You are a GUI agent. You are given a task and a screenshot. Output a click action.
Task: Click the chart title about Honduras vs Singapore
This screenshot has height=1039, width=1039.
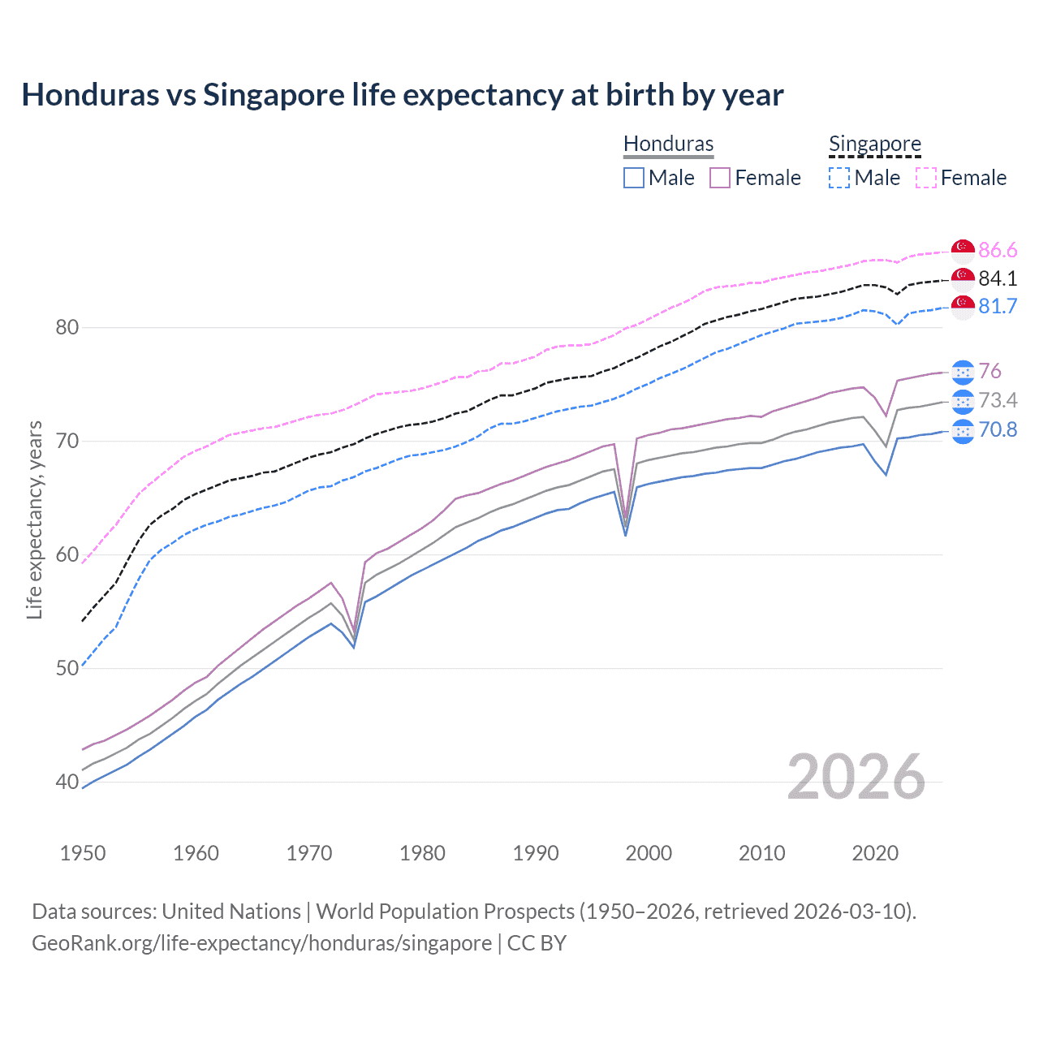click(x=403, y=95)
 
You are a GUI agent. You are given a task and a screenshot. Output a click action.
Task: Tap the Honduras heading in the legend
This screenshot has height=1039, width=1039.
click(x=668, y=144)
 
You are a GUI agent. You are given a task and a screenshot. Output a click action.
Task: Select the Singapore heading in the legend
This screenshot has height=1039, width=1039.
click(x=874, y=144)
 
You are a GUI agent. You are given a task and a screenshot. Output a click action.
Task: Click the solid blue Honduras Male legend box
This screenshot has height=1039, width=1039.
click(x=634, y=178)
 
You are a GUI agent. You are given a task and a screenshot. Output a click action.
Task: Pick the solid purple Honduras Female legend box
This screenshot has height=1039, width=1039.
click(x=720, y=178)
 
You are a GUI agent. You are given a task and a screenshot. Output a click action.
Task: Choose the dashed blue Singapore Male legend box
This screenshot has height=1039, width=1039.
click(x=839, y=178)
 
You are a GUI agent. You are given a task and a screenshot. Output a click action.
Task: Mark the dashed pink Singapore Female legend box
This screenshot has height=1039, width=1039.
click(x=926, y=178)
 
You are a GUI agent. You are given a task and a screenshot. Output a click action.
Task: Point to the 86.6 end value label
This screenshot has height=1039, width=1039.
click(x=998, y=250)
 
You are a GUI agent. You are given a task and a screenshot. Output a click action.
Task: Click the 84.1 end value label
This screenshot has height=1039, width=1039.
click(x=998, y=278)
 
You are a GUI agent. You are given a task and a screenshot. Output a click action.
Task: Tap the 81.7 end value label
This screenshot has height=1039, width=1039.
click(x=998, y=306)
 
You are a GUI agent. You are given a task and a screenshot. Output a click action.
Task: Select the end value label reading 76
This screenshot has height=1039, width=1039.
click(x=990, y=371)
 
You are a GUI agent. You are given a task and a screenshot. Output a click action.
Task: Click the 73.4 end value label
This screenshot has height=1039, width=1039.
click(x=998, y=400)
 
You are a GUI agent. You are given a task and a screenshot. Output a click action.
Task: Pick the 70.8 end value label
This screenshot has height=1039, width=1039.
click(x=998, y=429)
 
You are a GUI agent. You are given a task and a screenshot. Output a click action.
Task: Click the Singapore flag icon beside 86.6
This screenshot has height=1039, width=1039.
click(x=963, y=250)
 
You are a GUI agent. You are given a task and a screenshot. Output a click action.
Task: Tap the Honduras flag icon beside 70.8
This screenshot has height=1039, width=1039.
click(x=963, y=430)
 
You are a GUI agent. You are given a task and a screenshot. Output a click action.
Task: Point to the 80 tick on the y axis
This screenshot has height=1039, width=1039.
click(x=67, y=328)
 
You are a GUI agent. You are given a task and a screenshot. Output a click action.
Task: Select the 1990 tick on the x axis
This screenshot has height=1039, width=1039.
click(x=536, y=853)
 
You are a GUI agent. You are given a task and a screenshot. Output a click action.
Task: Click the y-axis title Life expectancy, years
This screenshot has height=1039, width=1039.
click(x=34, y=519)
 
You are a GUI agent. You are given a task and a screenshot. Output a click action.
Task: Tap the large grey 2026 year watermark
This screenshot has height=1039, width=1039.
click(x=856, y=777)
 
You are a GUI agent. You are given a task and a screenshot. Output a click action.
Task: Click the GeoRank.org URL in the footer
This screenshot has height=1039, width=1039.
click(x=261, y=943)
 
